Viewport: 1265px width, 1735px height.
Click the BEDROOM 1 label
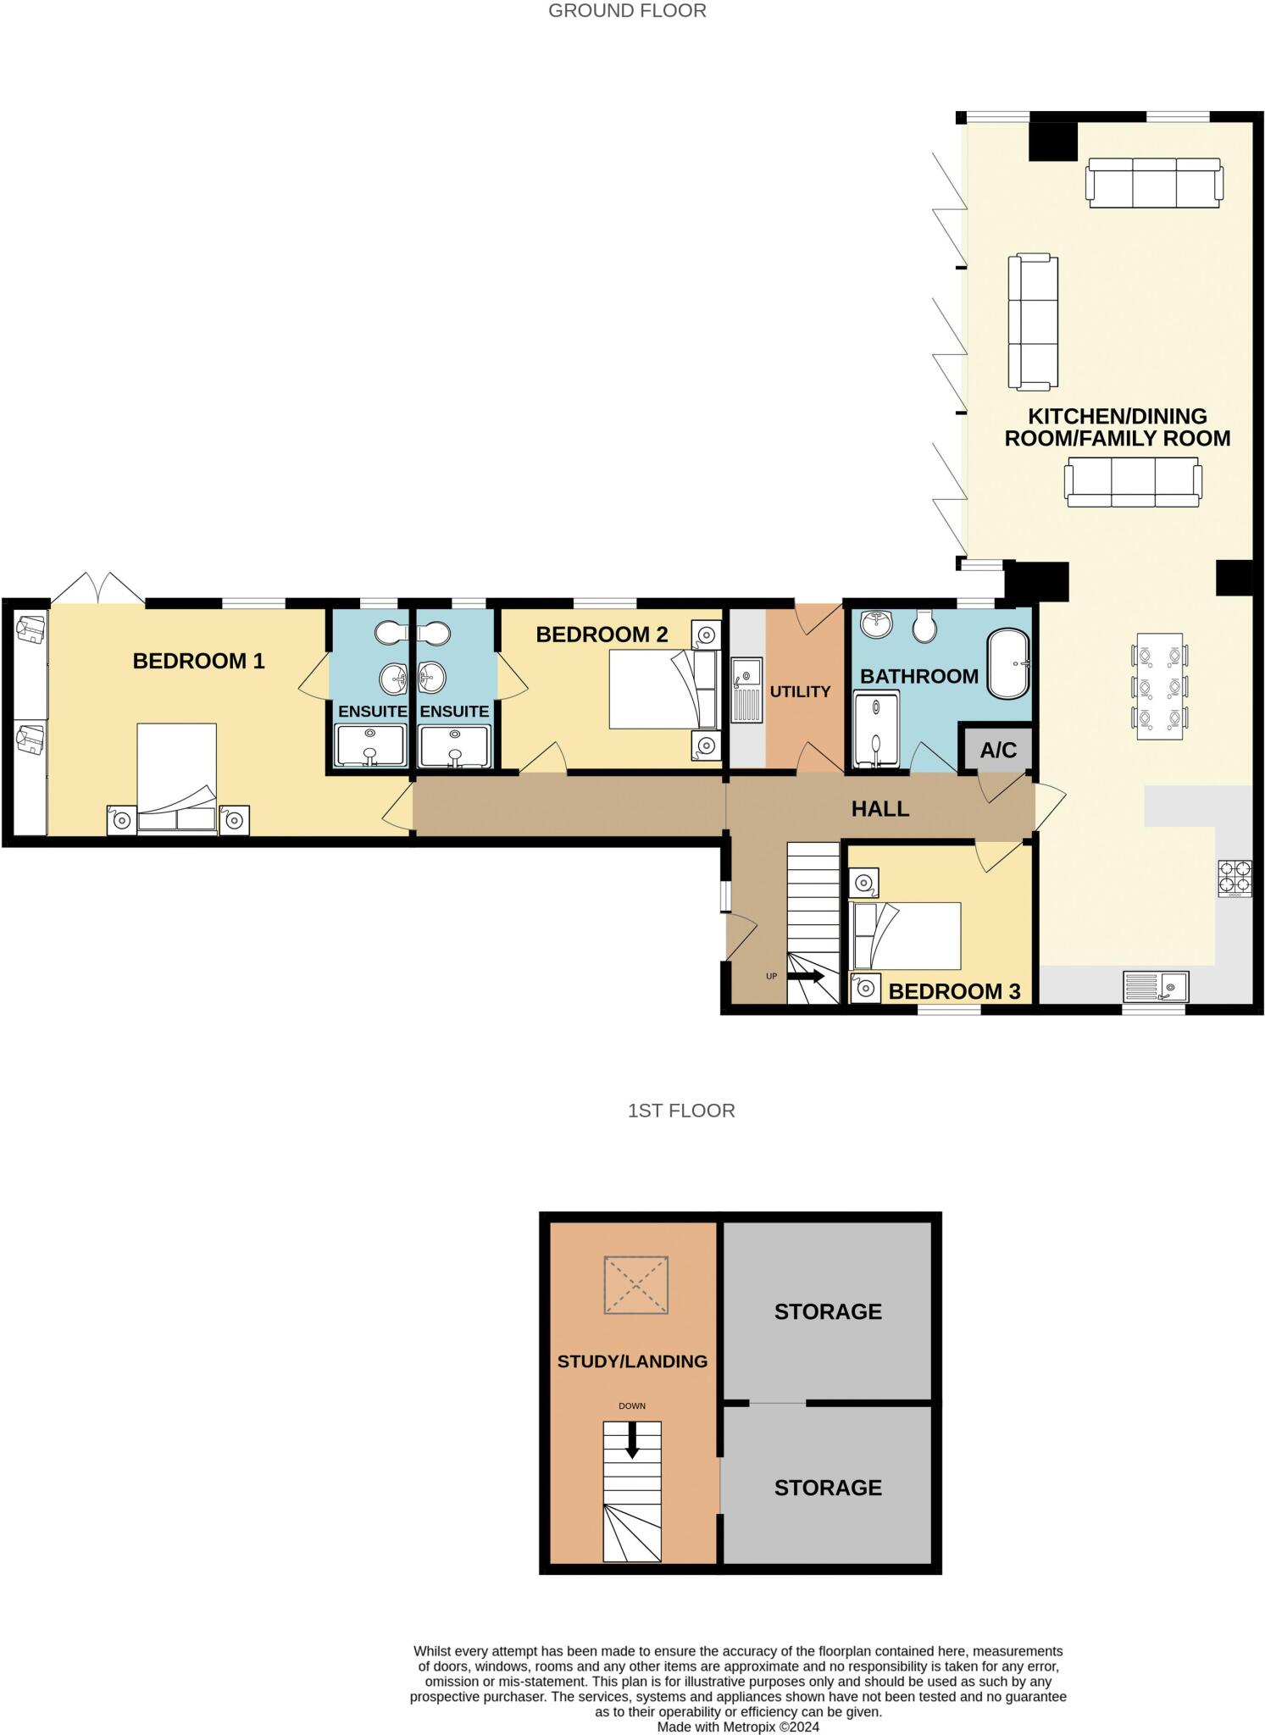[198, 661]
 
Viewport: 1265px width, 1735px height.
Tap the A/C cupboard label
[997, 750]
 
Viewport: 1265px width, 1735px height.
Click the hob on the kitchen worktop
[1234, 879]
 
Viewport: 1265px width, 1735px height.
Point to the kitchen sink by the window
[1156, 986]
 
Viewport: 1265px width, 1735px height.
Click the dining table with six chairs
[1158, 687]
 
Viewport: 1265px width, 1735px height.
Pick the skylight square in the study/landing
[636, 1285]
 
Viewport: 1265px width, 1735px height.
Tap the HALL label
[879, 809]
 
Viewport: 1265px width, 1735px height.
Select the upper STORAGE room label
[828, 1311]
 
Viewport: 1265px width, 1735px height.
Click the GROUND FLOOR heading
[627, 11]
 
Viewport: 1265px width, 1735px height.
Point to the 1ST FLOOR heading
[681, 1111]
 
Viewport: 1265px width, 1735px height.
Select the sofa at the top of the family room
[1154, 182]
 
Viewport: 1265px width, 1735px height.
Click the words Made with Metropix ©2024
[738, 1727]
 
